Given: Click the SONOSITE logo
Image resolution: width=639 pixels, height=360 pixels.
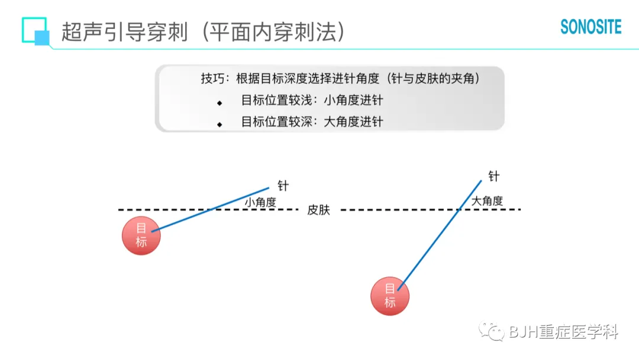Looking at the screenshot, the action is click(x=590, y=27).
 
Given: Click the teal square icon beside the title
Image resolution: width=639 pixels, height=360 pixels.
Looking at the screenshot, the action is click(x=35, y=30).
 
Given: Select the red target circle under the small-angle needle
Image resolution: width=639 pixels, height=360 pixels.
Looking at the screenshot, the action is click(x=141, y=235).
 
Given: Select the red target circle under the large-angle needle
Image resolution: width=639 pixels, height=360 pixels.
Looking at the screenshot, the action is click(x=390, y=295).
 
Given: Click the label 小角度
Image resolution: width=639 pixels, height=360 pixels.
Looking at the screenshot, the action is click(x=260, y=202).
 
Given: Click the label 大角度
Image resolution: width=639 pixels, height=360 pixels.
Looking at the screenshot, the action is click(x=487, y=201).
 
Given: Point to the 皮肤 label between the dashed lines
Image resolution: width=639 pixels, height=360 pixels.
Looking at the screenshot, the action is click(x=318, y=210).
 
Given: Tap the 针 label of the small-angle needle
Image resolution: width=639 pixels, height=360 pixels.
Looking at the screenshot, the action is click(x=283, y=185).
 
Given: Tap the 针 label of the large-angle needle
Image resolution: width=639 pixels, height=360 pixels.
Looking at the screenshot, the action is click(x=493, y=176).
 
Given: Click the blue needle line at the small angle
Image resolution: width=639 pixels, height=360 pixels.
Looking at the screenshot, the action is click(x=213, y=207).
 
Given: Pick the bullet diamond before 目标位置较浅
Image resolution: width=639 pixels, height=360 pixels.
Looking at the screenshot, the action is click(x=220, y=103).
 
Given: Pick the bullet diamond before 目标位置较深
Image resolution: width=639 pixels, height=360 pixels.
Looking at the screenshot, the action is click(x=220, y=124).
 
